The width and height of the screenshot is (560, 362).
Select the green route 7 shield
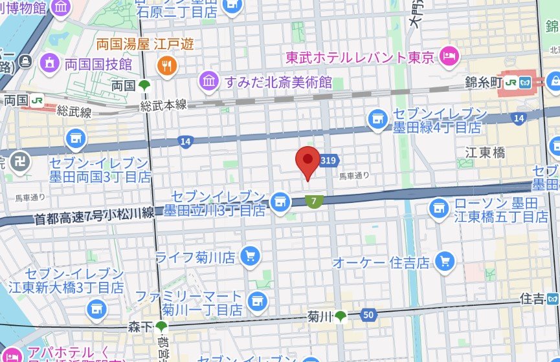click(x=314, y=202)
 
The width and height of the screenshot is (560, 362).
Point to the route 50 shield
click(x=368, y=315)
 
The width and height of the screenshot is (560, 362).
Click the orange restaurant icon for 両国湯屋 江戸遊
click(x=166, y=65)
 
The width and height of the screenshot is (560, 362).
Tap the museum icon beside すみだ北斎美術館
click(x=209, y=81)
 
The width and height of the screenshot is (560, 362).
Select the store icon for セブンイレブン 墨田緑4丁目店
click(x=377, y=118)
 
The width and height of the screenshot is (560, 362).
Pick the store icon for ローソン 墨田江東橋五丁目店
click(x=439, y=208)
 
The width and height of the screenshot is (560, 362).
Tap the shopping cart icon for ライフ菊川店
click(x=250, y=257)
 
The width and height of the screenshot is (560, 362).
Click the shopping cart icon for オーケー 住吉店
click(x=445, y=261)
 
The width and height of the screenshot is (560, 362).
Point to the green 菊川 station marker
click(x=340, y=315)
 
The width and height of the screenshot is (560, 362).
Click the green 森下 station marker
click(x=161, y=327)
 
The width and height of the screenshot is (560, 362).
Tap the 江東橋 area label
click(x=485, y=153)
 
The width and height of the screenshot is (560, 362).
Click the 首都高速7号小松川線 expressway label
click(x=95, y=215)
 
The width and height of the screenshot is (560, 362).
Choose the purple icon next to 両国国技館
click(x=49, y=63)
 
